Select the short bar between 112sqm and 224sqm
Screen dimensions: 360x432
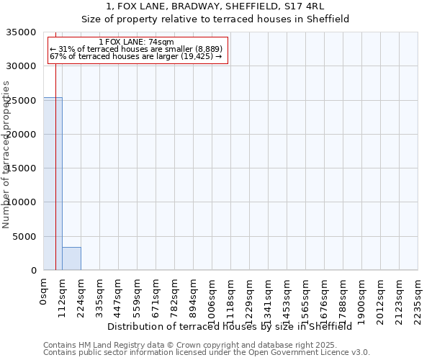[71, 258]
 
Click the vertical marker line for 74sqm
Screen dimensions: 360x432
[55, 144]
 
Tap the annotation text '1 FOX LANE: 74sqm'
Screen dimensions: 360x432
[136, 42]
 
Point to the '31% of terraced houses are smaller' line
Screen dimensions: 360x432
[136, 49]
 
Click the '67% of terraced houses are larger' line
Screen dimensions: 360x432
[136, 56]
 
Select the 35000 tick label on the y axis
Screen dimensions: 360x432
[22, 32]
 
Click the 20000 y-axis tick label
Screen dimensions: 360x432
[22, 135]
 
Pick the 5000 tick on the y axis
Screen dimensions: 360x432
[24, 236]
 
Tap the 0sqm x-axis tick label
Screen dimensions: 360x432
[43, 292]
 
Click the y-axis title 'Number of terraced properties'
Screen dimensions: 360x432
[6, 154]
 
